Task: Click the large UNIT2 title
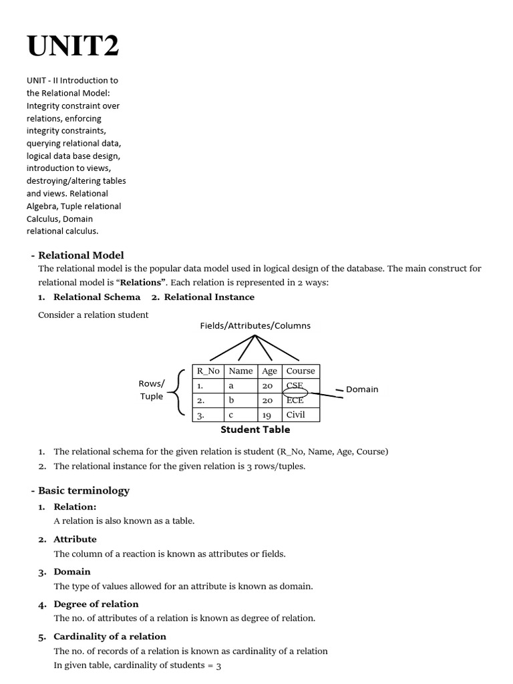coord(73,46)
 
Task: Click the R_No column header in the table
coord(208,371)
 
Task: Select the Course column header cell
coord(301,371)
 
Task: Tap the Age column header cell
coord(269,371)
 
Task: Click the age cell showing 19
coord(267,414)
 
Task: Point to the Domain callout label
coord(361,389)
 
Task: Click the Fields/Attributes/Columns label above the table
coord(255,326)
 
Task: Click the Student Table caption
coord(255,430)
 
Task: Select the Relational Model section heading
coord(81,255)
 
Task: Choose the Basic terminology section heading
coord(83,490)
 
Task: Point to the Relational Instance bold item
coord(209,297)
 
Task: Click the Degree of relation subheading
coord(96,604)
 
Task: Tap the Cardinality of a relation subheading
coord(110,637)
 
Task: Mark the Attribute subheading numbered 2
coord(75,539)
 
